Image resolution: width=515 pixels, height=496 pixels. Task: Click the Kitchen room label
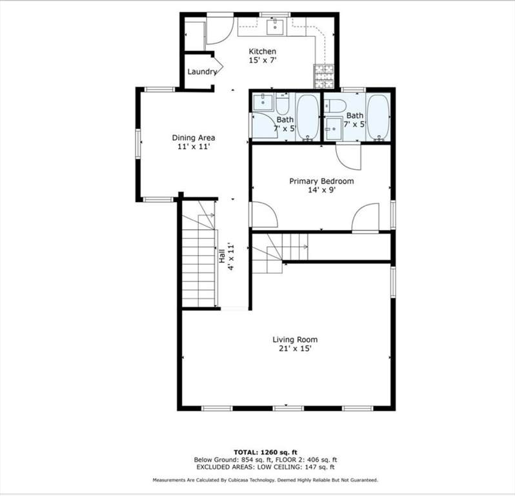coord(262,51)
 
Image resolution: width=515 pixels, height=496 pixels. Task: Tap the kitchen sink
coord(276,26)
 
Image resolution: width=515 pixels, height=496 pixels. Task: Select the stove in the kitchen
coord(323,76)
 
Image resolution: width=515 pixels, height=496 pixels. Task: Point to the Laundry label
coord(201,72)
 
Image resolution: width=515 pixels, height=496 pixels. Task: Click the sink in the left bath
coord(262,101)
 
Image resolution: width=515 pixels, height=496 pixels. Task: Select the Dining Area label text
coord(193,138)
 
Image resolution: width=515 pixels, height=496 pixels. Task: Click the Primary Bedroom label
coord(321,181)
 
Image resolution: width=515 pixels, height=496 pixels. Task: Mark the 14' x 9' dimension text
coord(321,191)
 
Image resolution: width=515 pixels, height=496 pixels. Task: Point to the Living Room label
coord(294,340)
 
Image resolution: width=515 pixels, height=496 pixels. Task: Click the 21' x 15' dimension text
coord(294,349)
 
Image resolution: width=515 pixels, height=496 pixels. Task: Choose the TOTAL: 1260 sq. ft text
coord(264,451)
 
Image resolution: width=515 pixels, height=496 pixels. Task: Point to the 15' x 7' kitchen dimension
coord(262,60)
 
